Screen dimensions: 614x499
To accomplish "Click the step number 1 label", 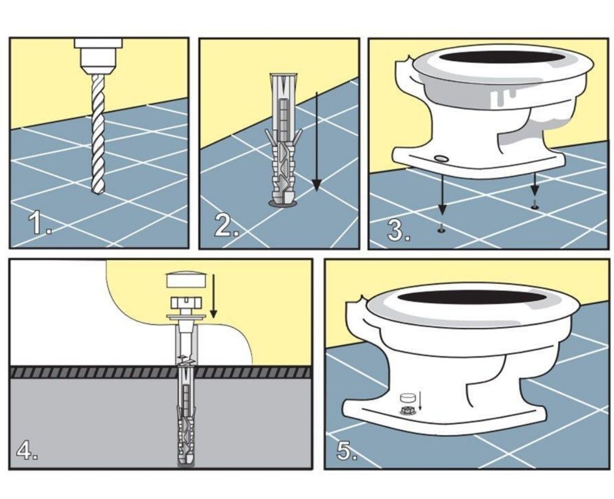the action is [x=40, y=223].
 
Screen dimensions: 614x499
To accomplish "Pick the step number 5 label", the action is [x=347, y=450].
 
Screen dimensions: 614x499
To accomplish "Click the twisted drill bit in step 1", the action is [x=98, y=134].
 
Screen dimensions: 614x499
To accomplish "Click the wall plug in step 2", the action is [x=283, y=138].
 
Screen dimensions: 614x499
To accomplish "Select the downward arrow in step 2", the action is [x=316, y=141].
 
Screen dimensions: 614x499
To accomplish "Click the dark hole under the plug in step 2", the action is [x=283, y=203].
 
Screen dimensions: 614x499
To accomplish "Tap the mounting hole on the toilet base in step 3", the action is [x=442, y=158].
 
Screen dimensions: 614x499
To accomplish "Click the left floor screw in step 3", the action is [x=442, y=228].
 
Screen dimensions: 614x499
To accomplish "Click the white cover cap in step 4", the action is [x=186, y=280].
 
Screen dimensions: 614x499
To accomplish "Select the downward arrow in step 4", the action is [x=213, y=296].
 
